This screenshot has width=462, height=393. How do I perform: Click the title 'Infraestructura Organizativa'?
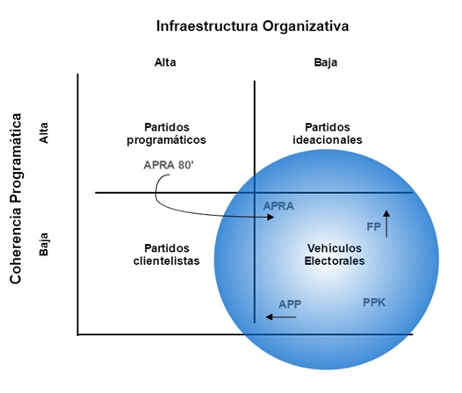coord(252,26)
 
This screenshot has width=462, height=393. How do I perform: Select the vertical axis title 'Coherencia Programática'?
coord(16,199)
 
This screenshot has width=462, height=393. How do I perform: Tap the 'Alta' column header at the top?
coord(165,62)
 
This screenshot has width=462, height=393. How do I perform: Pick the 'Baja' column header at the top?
coord(326,62)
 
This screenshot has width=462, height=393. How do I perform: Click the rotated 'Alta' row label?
coord(44,133)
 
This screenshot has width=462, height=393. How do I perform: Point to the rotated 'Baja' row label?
coord(44,245)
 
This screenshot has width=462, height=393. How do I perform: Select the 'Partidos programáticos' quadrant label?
coord(167,133)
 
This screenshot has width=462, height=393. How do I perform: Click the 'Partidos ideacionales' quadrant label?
coord(328,133)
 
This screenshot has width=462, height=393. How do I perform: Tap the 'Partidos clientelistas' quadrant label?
coord(167,254)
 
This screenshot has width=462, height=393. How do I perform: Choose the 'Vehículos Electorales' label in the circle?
coord(335,254)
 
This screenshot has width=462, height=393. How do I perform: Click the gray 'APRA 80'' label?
coord(169,165)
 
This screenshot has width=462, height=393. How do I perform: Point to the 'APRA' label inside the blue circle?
coord(278,206)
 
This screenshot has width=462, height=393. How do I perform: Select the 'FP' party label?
coord(373,227)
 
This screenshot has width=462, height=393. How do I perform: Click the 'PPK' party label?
coord(374,303)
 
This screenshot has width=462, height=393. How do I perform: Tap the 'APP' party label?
coord(290,304)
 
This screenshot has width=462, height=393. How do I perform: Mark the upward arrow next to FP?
coord(386,224)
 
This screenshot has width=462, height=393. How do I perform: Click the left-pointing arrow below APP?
coord(281,317)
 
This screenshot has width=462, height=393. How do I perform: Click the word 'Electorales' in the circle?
coord(335,261)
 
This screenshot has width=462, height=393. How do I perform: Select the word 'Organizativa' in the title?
coord(306,26)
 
